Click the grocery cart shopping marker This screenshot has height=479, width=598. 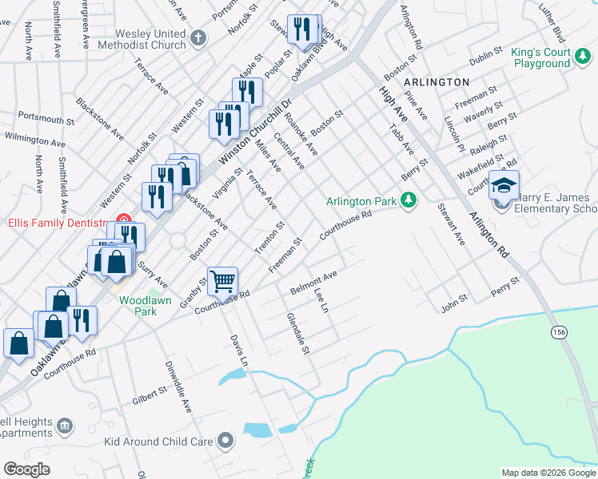222,281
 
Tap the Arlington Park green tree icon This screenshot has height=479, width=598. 409,199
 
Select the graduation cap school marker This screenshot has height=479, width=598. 504,186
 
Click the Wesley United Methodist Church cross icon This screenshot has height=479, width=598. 198,37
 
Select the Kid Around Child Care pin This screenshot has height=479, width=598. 227,441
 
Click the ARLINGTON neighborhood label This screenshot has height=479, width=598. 436,82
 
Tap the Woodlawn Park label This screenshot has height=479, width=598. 138,306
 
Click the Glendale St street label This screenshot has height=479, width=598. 297,333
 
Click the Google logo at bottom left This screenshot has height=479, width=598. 26,469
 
